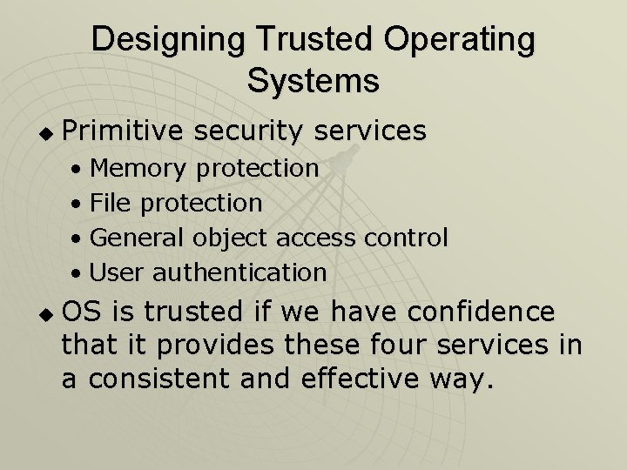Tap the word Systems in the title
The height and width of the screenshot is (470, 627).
tap(313, 80)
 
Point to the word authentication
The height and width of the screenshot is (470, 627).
tap(239, 272)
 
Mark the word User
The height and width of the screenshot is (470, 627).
tap(118, 272)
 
